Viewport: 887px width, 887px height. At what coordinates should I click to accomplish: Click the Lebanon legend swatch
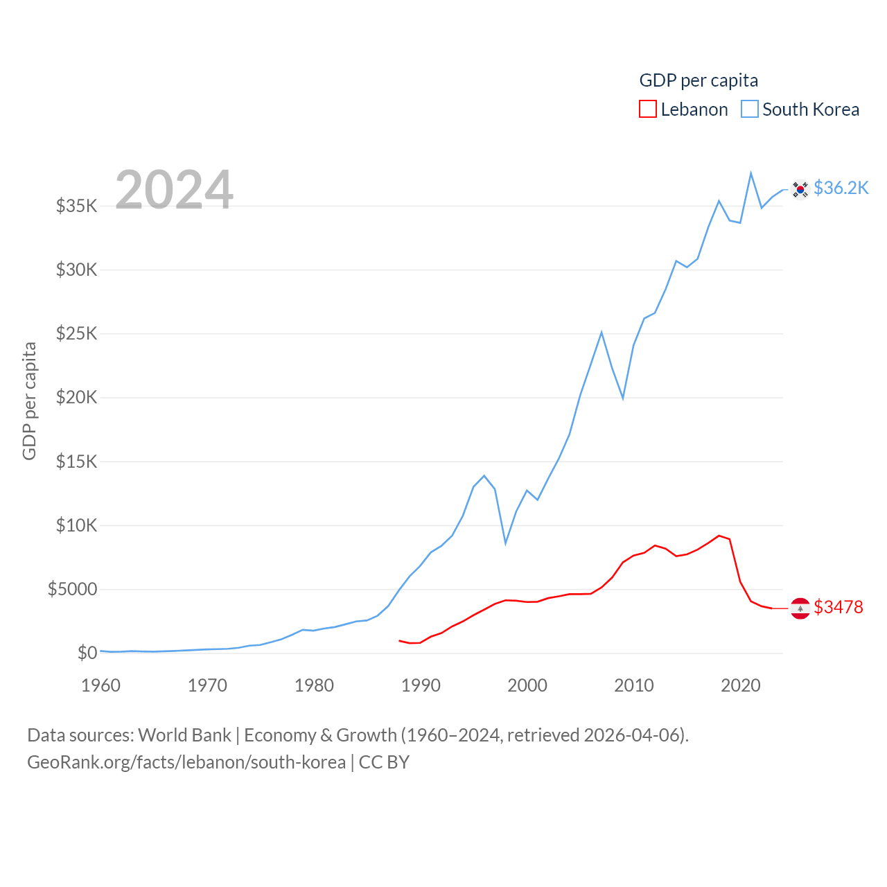pos(648,109)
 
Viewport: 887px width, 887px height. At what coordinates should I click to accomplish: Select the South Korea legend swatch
pos(750,109)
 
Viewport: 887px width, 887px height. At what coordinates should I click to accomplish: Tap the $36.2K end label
pos(841,188)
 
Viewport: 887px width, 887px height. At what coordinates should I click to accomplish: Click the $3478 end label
pos(838,607)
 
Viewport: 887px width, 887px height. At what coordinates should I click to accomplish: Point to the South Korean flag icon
pos(800,189)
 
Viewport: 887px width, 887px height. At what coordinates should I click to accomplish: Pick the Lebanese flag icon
pos(800,608)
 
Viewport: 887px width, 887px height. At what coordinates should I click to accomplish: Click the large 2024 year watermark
pos(174,189)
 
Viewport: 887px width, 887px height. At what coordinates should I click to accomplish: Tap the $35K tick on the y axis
pos(77,206)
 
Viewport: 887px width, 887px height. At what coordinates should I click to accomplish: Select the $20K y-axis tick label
pos(77,398)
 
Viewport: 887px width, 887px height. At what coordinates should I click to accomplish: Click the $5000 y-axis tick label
pos(73,590)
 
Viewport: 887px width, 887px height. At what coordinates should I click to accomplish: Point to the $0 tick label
pos(87,653)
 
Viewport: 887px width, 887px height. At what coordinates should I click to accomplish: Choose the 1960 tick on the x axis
pos(101,685)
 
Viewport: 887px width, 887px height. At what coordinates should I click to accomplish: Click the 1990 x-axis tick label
pos(421,685)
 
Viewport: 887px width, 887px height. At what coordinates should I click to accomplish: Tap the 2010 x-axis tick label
pos(634,685)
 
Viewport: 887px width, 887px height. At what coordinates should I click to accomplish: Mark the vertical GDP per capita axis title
pos(29,401)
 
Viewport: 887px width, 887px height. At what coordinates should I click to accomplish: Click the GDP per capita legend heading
pos(699,80)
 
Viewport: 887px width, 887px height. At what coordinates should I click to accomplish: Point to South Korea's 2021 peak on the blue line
pos(750,173)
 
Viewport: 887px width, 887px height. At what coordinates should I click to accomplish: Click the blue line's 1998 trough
pos(506,543)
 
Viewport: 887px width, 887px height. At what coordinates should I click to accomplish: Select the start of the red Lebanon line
pos(400,641)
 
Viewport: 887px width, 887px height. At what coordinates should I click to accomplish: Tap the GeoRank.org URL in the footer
pos(186,762)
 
